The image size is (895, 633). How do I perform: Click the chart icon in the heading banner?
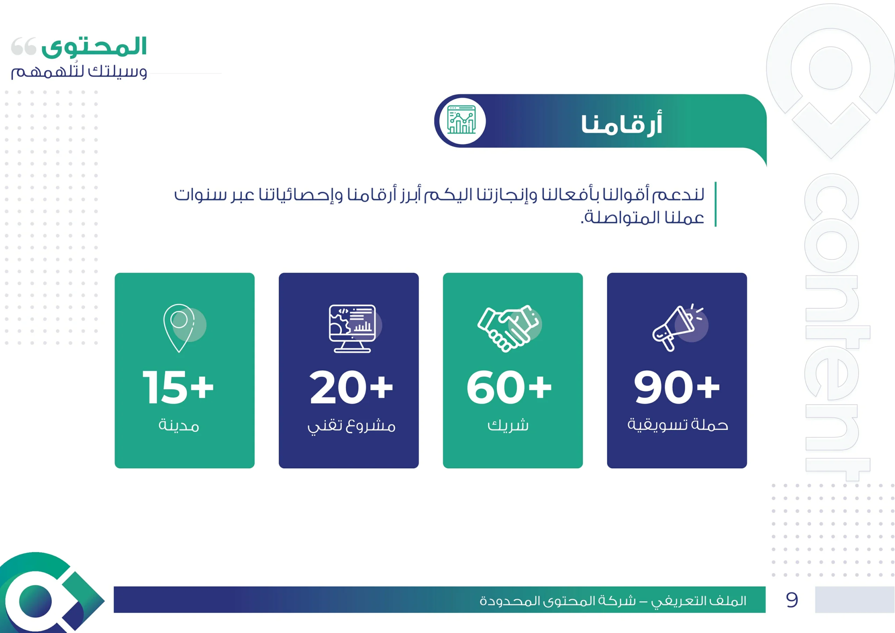coord(461,120)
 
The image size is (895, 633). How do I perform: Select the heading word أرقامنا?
coord(622,124)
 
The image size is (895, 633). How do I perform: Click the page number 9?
coord(792,600)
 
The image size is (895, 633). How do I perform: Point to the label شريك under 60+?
coord(508,424)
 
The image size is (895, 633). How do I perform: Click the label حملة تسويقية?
coord(678,424)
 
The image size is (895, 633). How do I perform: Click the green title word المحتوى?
coord(94,47)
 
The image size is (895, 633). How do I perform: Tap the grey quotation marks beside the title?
coord(23,46)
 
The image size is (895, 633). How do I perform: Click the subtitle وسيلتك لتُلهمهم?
coord(79,71)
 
